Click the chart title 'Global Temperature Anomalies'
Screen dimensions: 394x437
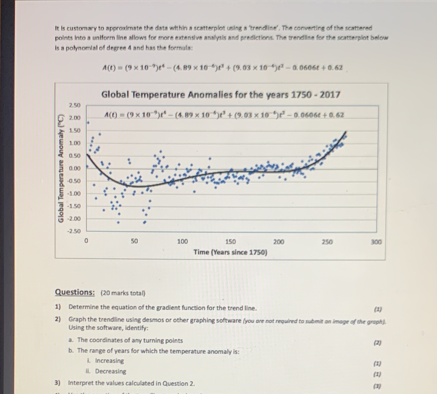[220, 95]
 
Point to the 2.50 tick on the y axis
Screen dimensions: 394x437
[75, 105]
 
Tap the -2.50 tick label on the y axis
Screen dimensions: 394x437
[74, 231]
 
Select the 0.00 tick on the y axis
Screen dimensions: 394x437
[75, 168]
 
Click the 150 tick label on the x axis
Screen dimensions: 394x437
[231, 242]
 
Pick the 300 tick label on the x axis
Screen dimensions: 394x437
[376, 242]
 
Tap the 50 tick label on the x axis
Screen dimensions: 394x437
[134, 241]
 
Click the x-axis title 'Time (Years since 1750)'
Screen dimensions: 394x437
[230, 252]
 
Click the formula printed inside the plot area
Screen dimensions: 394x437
[224, 115]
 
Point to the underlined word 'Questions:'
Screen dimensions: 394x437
[75, 292]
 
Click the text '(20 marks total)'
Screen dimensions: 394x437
[123, 293]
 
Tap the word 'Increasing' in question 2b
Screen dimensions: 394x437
[109, 360]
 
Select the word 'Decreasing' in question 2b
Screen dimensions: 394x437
[110, 371]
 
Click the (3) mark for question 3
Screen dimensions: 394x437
[377, 386]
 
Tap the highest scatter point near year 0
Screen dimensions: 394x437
[88, 123]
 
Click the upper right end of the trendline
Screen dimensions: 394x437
[346, 132]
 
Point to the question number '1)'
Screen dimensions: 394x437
[58, 307]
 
